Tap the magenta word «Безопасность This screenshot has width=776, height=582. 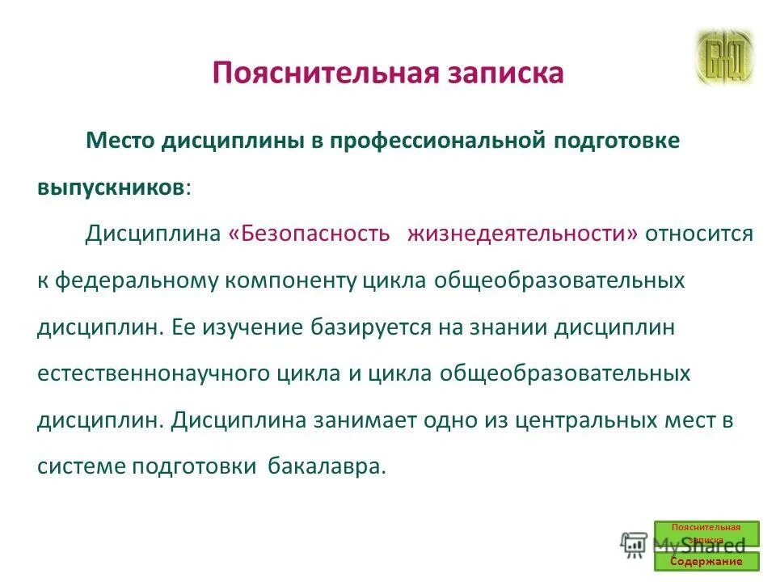pyautogui.click(x=310, y=234)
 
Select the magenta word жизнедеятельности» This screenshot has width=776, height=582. pyautogui.click(x=522, y=234)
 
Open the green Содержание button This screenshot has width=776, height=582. pyautogui.click(x=706, y=561)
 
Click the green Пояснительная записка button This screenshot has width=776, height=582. pyautogui.click(x=706, y=533)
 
